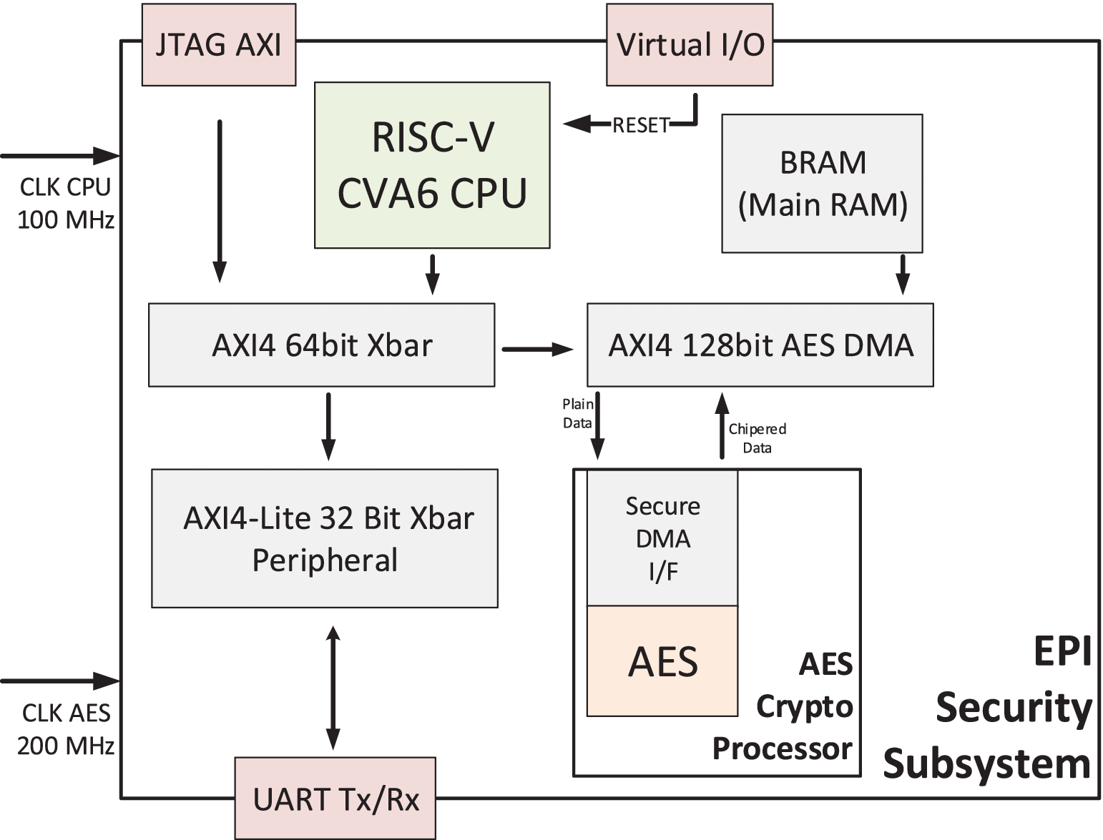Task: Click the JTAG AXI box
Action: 218,45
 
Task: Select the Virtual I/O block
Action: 690,45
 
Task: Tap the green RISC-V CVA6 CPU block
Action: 432,165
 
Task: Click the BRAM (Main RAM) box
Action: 822,184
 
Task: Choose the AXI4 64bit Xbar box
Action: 321,345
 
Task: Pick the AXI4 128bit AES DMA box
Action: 760,345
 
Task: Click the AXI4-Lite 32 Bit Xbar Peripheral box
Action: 325,538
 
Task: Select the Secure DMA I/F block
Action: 662,538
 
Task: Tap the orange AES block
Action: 662,661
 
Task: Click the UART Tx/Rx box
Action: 335,799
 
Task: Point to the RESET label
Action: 640,126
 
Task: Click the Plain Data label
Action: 577,414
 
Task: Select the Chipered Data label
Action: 757,438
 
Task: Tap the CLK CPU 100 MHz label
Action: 65,203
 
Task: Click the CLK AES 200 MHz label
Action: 65,729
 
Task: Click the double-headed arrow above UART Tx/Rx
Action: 333,688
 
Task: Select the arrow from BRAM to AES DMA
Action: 903,274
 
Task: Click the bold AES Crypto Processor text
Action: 794,706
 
